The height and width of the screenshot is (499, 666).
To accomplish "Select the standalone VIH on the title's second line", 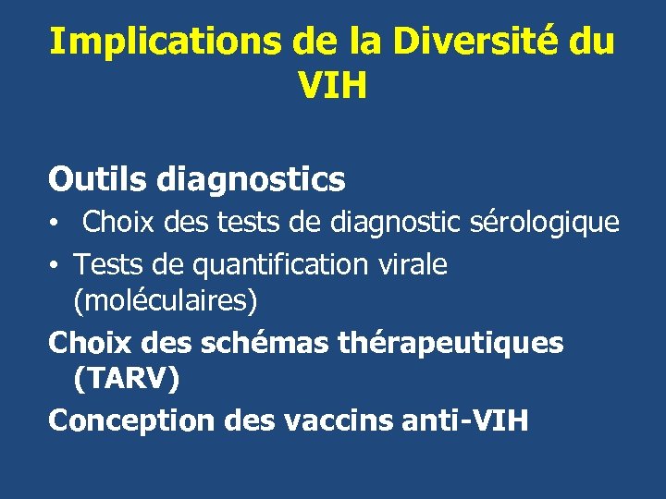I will (x=333, y=86).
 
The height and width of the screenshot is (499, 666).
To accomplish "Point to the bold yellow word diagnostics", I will (x=252, y=180).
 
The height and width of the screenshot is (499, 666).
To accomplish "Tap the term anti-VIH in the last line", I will (x=467, y=420).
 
